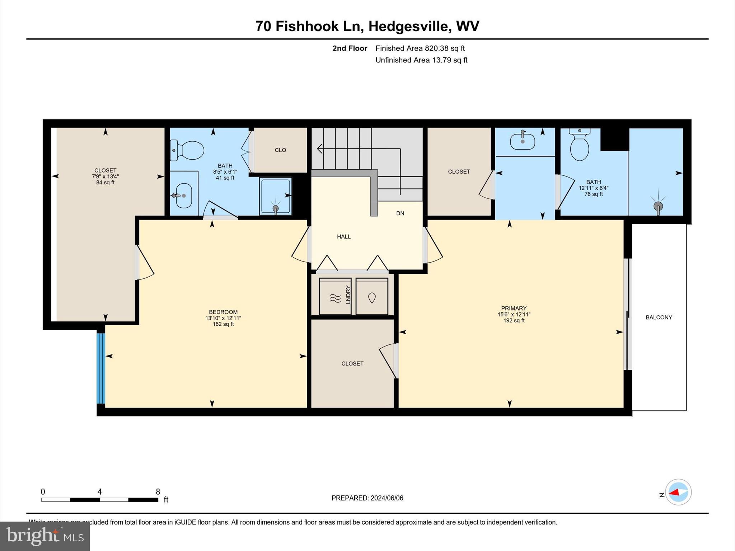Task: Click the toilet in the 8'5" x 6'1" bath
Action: [187, 150]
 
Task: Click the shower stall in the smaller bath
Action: [276, 196]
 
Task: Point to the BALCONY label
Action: [659, 317]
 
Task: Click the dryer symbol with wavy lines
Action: [335, 297]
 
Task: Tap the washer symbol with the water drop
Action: [372, 297]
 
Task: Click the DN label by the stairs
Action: [400, 213]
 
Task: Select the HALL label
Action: [343, 236]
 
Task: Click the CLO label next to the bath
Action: [280, 150]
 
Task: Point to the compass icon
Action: [678, 492]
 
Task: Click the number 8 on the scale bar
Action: [158, 491]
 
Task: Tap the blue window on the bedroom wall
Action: [101, 368]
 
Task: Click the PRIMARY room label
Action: [514, 308]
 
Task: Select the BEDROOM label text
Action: [223, 312]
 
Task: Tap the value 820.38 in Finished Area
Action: [437, 48]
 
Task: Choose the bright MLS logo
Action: [45, 536]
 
